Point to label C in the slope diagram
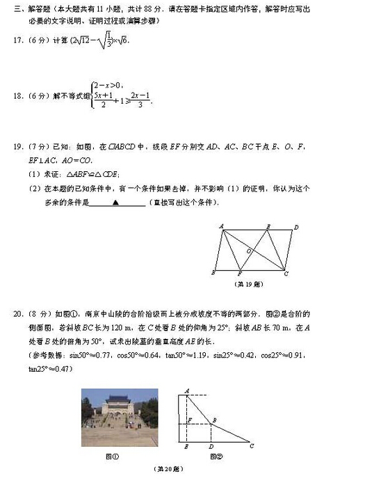coord(252,445)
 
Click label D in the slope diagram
coord(211,446)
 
